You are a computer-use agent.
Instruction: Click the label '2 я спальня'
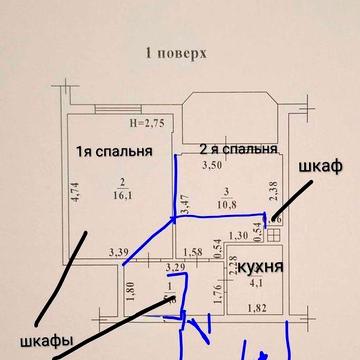click(237, 149)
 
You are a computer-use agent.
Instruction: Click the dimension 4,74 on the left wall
click(75, 190)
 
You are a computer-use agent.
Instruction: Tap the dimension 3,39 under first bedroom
click(119, 252)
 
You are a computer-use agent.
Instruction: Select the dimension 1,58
click(196, 252)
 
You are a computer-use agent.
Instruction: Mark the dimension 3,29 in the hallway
click(175, 267)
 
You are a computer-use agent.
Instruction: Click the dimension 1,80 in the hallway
click(131, 295)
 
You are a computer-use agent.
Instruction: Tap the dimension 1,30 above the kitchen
click(238, 235)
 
